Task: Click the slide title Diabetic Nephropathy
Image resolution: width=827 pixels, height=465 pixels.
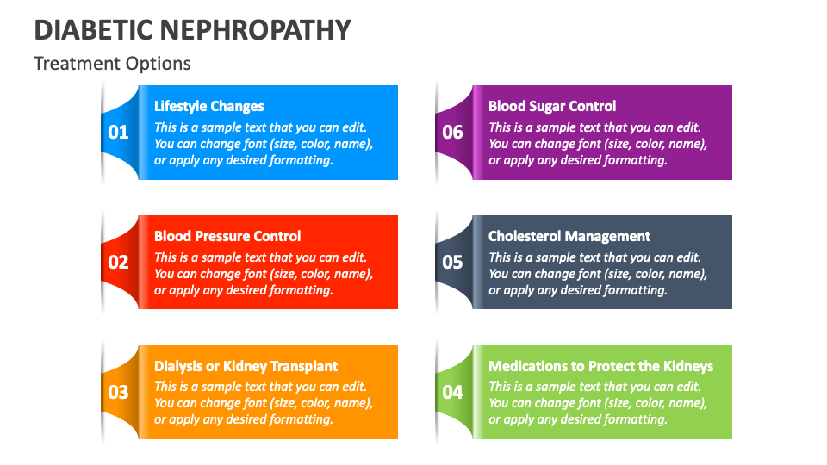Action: pos(192,29)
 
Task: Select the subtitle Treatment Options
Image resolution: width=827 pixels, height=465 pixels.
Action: pos(112,64)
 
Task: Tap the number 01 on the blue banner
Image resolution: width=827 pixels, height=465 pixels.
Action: pos(118,133)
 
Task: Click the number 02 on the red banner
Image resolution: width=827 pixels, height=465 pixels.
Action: pos(118,263)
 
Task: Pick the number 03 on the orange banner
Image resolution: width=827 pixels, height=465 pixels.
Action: pos(118,393)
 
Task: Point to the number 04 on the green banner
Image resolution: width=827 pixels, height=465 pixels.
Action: pos(452,393)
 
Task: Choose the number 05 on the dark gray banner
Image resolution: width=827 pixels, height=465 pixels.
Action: pos(452,263)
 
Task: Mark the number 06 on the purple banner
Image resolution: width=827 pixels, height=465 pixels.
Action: pos(452,133)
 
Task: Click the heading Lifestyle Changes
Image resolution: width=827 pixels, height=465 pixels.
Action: pos(208,107)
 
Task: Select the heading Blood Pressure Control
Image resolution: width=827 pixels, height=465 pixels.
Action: pos(227,236)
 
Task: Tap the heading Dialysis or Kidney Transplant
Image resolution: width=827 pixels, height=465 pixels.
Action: pos(246,366)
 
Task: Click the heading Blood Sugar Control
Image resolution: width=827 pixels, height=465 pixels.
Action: pos(552,107)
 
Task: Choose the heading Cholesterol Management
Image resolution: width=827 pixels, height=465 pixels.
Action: pos(569,236)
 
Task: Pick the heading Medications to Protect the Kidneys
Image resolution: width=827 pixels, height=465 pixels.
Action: pos(600,366)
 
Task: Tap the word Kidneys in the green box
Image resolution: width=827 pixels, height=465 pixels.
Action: pos(687,366)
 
